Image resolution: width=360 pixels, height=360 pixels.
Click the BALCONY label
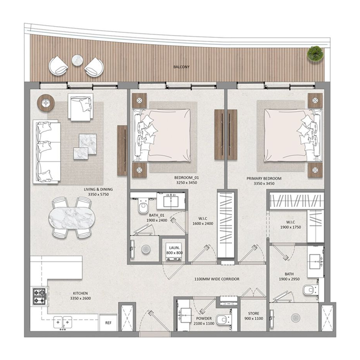click(182, 67)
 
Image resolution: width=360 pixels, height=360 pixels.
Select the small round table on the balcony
click(77, 60)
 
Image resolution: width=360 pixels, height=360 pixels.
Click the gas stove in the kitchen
click(39, 297)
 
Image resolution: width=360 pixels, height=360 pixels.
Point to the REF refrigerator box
click(108, 323)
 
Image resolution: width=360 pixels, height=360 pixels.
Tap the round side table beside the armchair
click(46, 103)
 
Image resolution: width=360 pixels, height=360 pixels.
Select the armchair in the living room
click(80, 107)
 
